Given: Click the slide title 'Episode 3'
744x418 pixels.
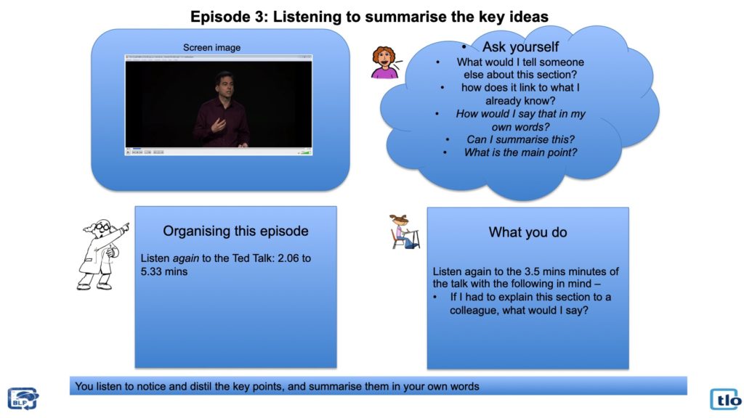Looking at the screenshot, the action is point(229,17).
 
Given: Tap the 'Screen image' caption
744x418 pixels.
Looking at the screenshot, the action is point(211,47).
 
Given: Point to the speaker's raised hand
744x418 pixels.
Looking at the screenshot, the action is point(218,125).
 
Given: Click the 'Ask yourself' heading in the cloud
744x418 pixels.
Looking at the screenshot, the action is point(520,46).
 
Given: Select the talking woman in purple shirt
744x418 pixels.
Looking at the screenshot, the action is point(385,62).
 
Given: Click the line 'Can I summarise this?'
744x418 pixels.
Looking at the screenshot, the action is point(520,139).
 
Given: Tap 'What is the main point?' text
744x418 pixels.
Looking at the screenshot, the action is point(520,152).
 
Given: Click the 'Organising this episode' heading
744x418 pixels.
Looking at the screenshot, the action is point(235,231).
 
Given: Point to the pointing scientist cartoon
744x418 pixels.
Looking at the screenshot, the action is point(102,254).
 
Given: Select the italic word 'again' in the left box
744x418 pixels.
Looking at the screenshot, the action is point(185,259).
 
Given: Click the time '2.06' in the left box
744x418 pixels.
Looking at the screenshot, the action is point(289,258).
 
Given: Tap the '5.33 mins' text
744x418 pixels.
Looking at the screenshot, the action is point(163,271).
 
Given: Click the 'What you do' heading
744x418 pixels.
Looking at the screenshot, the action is point(527,232).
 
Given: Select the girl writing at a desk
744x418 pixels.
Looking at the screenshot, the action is point(405,231).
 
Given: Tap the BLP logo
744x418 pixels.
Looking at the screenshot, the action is point(23,398).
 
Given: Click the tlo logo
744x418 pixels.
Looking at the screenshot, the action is point(726,399).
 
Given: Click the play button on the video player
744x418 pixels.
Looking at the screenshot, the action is point(128,152).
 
